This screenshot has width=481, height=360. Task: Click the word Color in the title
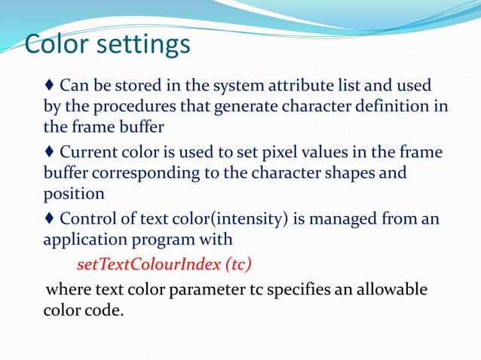[x=56, y=44]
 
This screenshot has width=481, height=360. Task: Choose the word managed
[x=345, y=219]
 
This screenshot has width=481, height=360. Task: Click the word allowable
[x=392, y=290]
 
